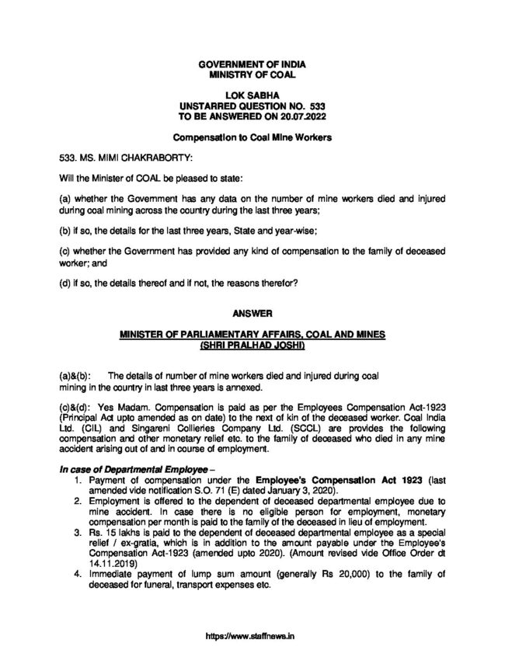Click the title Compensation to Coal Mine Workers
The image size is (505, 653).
(252, 137)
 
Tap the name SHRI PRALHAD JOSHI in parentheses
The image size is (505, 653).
(252, 343)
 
